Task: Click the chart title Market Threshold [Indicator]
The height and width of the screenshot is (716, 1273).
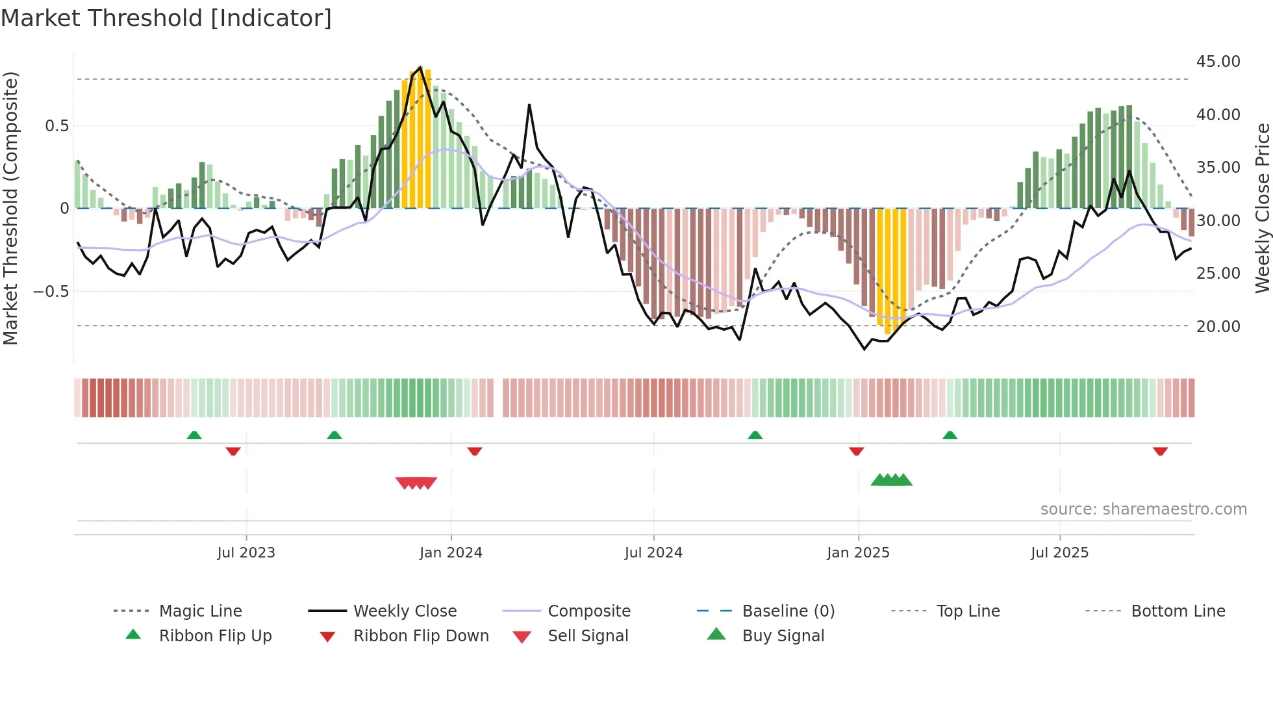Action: [166, 18]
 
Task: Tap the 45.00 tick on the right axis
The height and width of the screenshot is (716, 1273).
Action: [1218, 62]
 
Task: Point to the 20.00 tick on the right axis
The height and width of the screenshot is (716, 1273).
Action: [1218, 326]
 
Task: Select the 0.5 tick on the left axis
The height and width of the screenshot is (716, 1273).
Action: [57, 125]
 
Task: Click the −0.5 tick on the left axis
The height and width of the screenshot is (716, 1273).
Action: [51, 291]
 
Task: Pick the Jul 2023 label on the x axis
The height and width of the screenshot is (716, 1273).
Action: [246, 553]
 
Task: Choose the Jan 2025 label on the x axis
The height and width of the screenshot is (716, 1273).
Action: [858, 553]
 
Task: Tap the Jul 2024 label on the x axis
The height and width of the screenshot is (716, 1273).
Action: [653, 553]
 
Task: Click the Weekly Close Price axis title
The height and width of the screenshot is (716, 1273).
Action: [1262, 208]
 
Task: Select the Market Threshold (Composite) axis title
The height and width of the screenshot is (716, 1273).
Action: [10, 208]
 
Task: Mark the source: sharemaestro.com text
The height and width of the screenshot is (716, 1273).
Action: [1143, 509]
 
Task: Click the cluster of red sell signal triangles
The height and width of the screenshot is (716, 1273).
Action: [416, 483]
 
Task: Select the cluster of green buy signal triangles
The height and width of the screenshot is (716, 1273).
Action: [891, 480]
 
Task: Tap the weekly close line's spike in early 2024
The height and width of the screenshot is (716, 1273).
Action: [529, 105]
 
